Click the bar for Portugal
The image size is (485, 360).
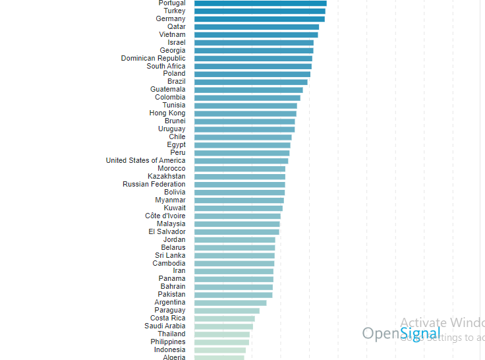point(260,3)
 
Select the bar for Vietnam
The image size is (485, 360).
point(256,35)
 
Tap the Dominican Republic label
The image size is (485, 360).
point(153,59)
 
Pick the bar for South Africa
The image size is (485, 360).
point(253,67)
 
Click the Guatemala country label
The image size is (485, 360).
point(167,90)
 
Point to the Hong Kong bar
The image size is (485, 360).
point(245,113)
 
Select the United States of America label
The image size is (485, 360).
point(146,161)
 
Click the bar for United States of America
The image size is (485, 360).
point(241,161)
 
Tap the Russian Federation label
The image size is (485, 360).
point(154,185)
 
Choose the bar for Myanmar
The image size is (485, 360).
point(239,200)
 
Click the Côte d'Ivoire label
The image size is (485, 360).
point(165,216)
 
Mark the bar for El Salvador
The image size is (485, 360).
point(237,232)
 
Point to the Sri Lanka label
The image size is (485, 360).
point(170,256)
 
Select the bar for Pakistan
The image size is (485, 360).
point(233,295)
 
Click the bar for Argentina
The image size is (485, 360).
point(230,303)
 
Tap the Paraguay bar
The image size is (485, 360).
point(227,311)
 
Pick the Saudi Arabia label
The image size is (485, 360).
point(165,326)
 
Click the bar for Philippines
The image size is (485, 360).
point(222,342)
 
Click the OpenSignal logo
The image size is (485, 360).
point(401,334)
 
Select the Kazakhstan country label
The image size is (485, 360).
point(166,177)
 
